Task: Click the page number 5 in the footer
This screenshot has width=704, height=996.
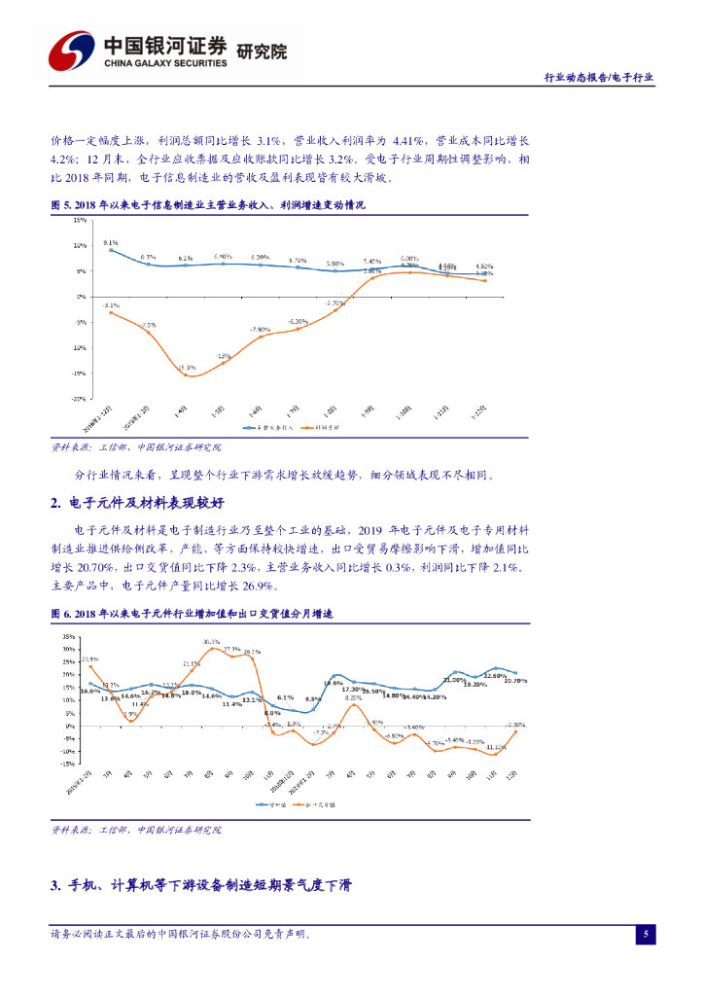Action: coord(646,935)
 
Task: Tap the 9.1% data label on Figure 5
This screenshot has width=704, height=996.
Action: coord(110,242)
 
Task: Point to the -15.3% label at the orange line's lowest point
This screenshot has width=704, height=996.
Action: coord(188,367)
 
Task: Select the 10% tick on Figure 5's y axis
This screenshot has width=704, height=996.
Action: coord(81,245)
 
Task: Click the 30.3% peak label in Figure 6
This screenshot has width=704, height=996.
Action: coord(211,642)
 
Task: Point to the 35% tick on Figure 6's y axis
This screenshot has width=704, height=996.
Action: coord(69,637)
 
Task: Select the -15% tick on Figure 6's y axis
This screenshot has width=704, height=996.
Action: coord(68,764)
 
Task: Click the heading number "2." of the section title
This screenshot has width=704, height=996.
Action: coord(56,503)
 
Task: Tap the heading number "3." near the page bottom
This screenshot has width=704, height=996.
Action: coord(56,886)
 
